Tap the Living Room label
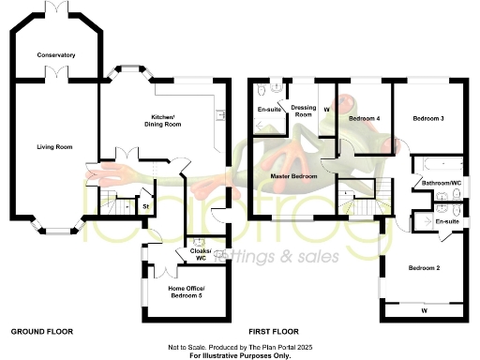pyautogui.click(x=55, y=146)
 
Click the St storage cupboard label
pyautogui.click(x=145, y=205)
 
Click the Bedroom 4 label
pyautogui.click(x=364, y=119)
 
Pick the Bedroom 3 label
pyautogui.click(x=427, y=119)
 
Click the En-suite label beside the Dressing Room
pyautogui.click(x=269, y=110)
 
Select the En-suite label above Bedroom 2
pyautogui.click(x=447, y=221)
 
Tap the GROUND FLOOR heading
pyautogui.click(x=41, y=332)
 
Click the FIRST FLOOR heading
pyautogui.click(x=273, y=332)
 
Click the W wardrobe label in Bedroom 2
pyautogui.click(x=424, y=309)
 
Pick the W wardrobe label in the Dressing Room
pyautogui.click(x=326, y=110)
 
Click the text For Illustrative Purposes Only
pyautogui.click(x=239, y=355)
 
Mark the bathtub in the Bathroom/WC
pyautogui.click(x=437, y=164)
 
